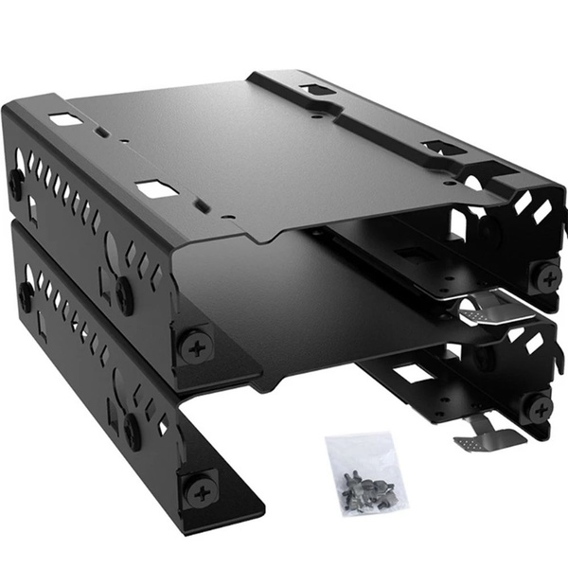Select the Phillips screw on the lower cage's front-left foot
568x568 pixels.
click(201, 492)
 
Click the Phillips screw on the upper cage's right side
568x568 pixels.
click(546, 275)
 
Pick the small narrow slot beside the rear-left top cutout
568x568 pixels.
click(99, 133)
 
